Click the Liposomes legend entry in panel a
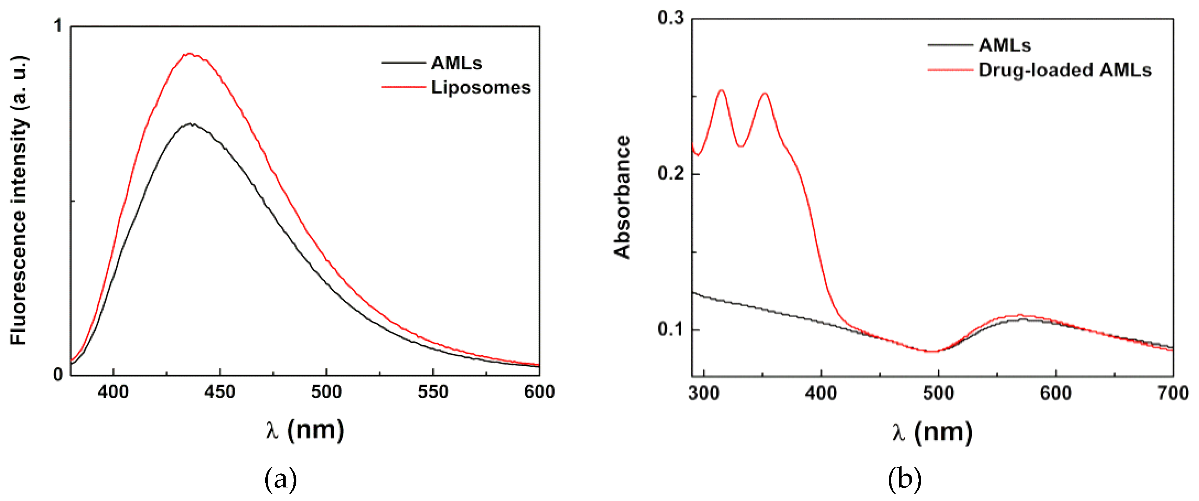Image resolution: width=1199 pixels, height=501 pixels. [480, 87]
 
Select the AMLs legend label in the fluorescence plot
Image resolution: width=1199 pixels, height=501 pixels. [456, 63]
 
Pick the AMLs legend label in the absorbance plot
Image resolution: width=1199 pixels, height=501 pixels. [1004, 45]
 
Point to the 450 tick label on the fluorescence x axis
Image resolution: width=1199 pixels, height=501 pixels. [219, 392]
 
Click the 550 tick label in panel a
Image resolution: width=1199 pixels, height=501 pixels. [433, 392]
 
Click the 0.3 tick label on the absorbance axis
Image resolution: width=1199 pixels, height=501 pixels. [670, 18]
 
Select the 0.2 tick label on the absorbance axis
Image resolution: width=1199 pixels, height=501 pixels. [670, 173]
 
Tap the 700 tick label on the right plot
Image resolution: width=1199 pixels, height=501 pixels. [1173, 394]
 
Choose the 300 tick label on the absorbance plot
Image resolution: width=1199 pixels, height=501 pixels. [703, 394]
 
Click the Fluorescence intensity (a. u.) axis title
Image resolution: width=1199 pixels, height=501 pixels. [19, 200]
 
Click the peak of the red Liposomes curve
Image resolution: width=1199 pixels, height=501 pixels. [190, 54]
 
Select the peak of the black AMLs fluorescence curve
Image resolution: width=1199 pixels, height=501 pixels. [190, 124]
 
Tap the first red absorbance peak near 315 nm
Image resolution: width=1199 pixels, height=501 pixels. [722, 90]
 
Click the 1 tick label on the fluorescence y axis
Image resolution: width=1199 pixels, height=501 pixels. [58, 26]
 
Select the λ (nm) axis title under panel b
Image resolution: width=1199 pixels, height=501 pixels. [932, 432]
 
